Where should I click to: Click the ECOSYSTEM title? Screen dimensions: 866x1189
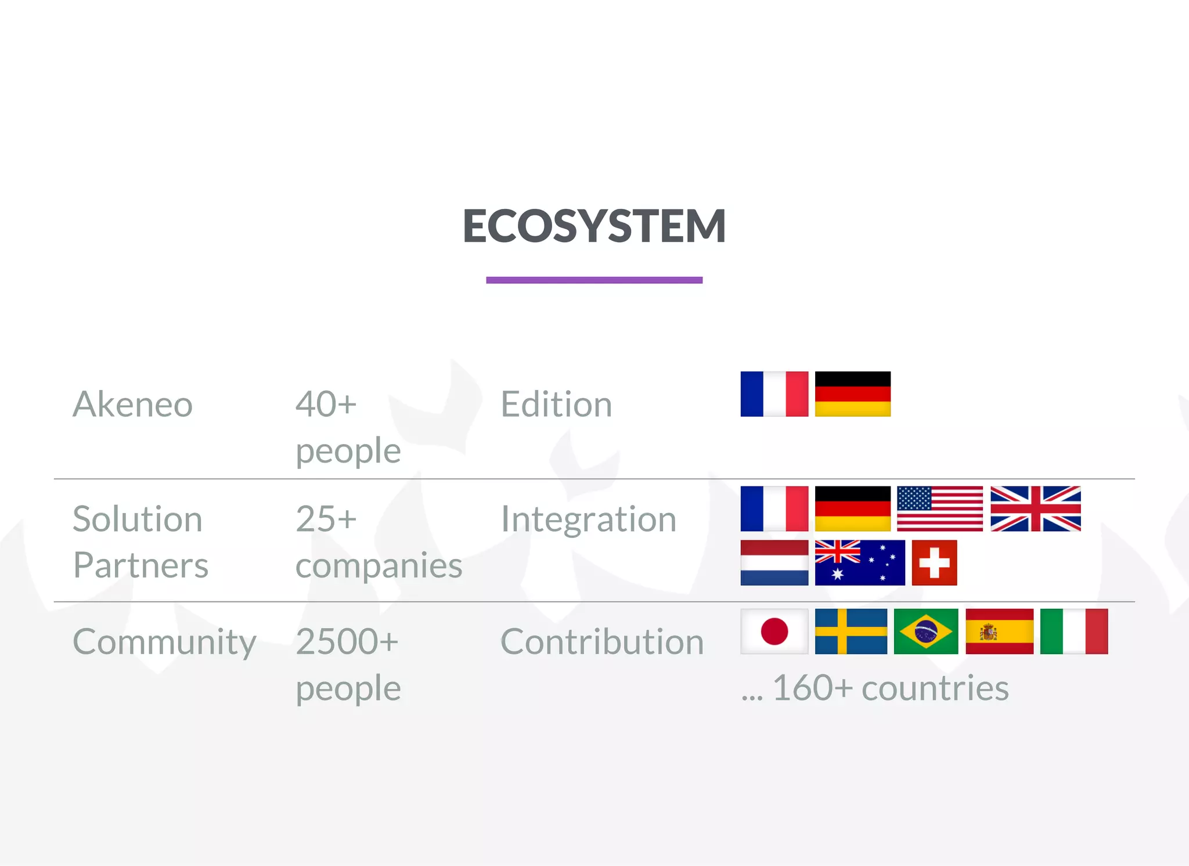594,226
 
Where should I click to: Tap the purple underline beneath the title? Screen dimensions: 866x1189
594,280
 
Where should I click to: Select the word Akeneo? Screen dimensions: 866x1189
132,404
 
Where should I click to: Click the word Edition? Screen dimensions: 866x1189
556,404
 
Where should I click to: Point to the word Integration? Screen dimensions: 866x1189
588,518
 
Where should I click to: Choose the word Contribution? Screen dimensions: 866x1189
601,641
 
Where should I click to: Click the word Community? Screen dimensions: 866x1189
164,642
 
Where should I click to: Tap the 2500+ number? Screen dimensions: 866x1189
347,641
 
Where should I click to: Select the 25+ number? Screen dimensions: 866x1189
326,518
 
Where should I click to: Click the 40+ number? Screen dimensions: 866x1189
326,404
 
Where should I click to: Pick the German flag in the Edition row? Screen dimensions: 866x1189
852,394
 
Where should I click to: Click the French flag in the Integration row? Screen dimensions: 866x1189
774,508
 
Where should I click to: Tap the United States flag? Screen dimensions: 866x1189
939,508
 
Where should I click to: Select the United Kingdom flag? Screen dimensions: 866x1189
1035,508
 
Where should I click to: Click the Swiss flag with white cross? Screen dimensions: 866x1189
934,562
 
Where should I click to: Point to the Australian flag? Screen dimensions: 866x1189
859,562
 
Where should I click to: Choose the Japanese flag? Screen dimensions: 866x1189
774,631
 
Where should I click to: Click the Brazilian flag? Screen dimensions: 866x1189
925,631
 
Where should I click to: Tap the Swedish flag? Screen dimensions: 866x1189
851,631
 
